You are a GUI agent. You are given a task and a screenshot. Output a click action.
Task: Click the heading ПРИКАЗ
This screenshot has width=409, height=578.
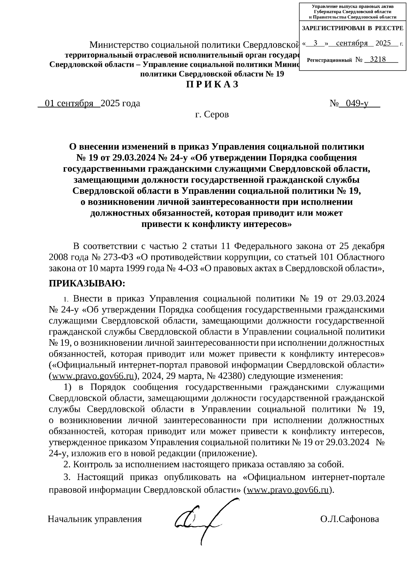(212, 85)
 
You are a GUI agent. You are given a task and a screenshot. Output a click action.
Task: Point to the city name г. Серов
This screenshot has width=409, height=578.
(212, 114)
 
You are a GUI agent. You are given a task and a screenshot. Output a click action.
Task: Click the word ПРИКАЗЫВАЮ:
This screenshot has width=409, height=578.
(87, 283)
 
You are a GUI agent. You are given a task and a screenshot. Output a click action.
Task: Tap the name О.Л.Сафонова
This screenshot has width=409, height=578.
(349, 519)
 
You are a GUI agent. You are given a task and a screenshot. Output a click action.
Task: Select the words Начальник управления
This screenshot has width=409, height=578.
(95, 519)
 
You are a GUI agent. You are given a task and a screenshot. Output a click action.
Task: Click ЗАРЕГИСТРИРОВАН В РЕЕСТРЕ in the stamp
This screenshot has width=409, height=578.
(353, 28)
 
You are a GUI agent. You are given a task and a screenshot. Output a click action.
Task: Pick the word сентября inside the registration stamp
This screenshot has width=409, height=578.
(352, 43)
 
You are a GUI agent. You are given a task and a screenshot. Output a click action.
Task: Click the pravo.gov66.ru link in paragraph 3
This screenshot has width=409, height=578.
(288, 490)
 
